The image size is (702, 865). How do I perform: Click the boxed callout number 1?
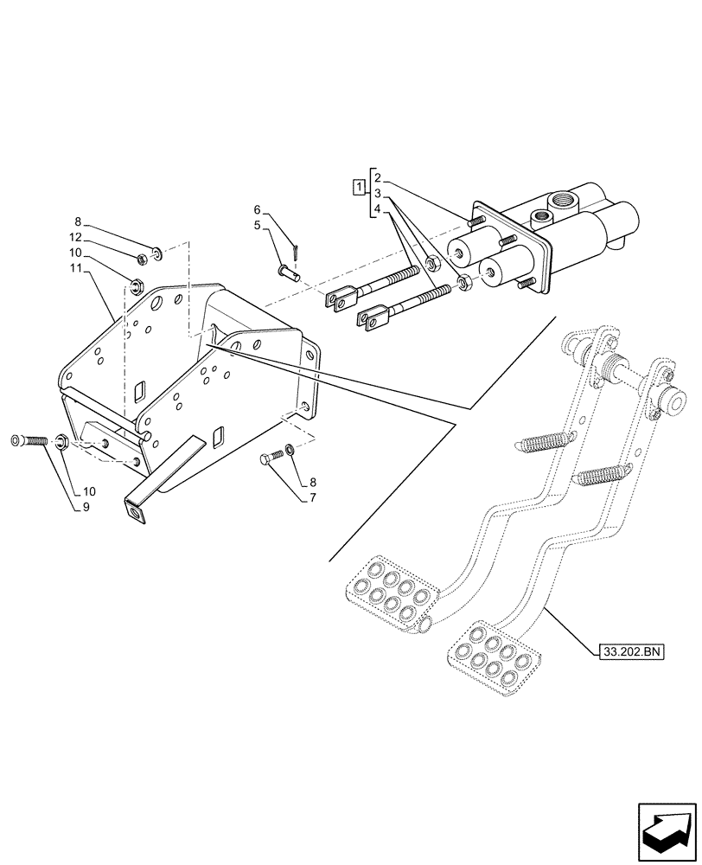(356, 186)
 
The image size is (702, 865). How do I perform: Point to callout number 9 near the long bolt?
(86, 508)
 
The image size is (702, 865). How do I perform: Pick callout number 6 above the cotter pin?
(258, 209)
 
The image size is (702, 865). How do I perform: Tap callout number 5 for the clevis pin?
(258, 225)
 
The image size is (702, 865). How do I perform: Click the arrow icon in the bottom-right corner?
(667, 829)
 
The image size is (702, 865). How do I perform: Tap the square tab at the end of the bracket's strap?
(135, 512)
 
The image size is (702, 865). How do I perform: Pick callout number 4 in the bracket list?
(379, 209)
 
